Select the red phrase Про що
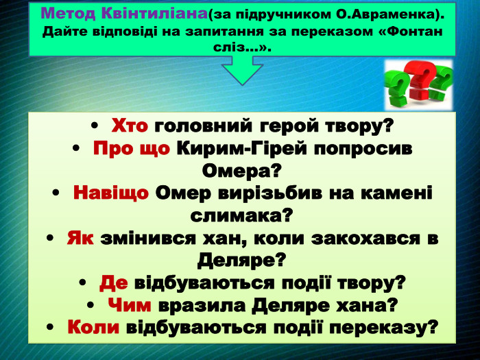tap(132, 148)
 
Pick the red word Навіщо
tap(110, 193)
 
